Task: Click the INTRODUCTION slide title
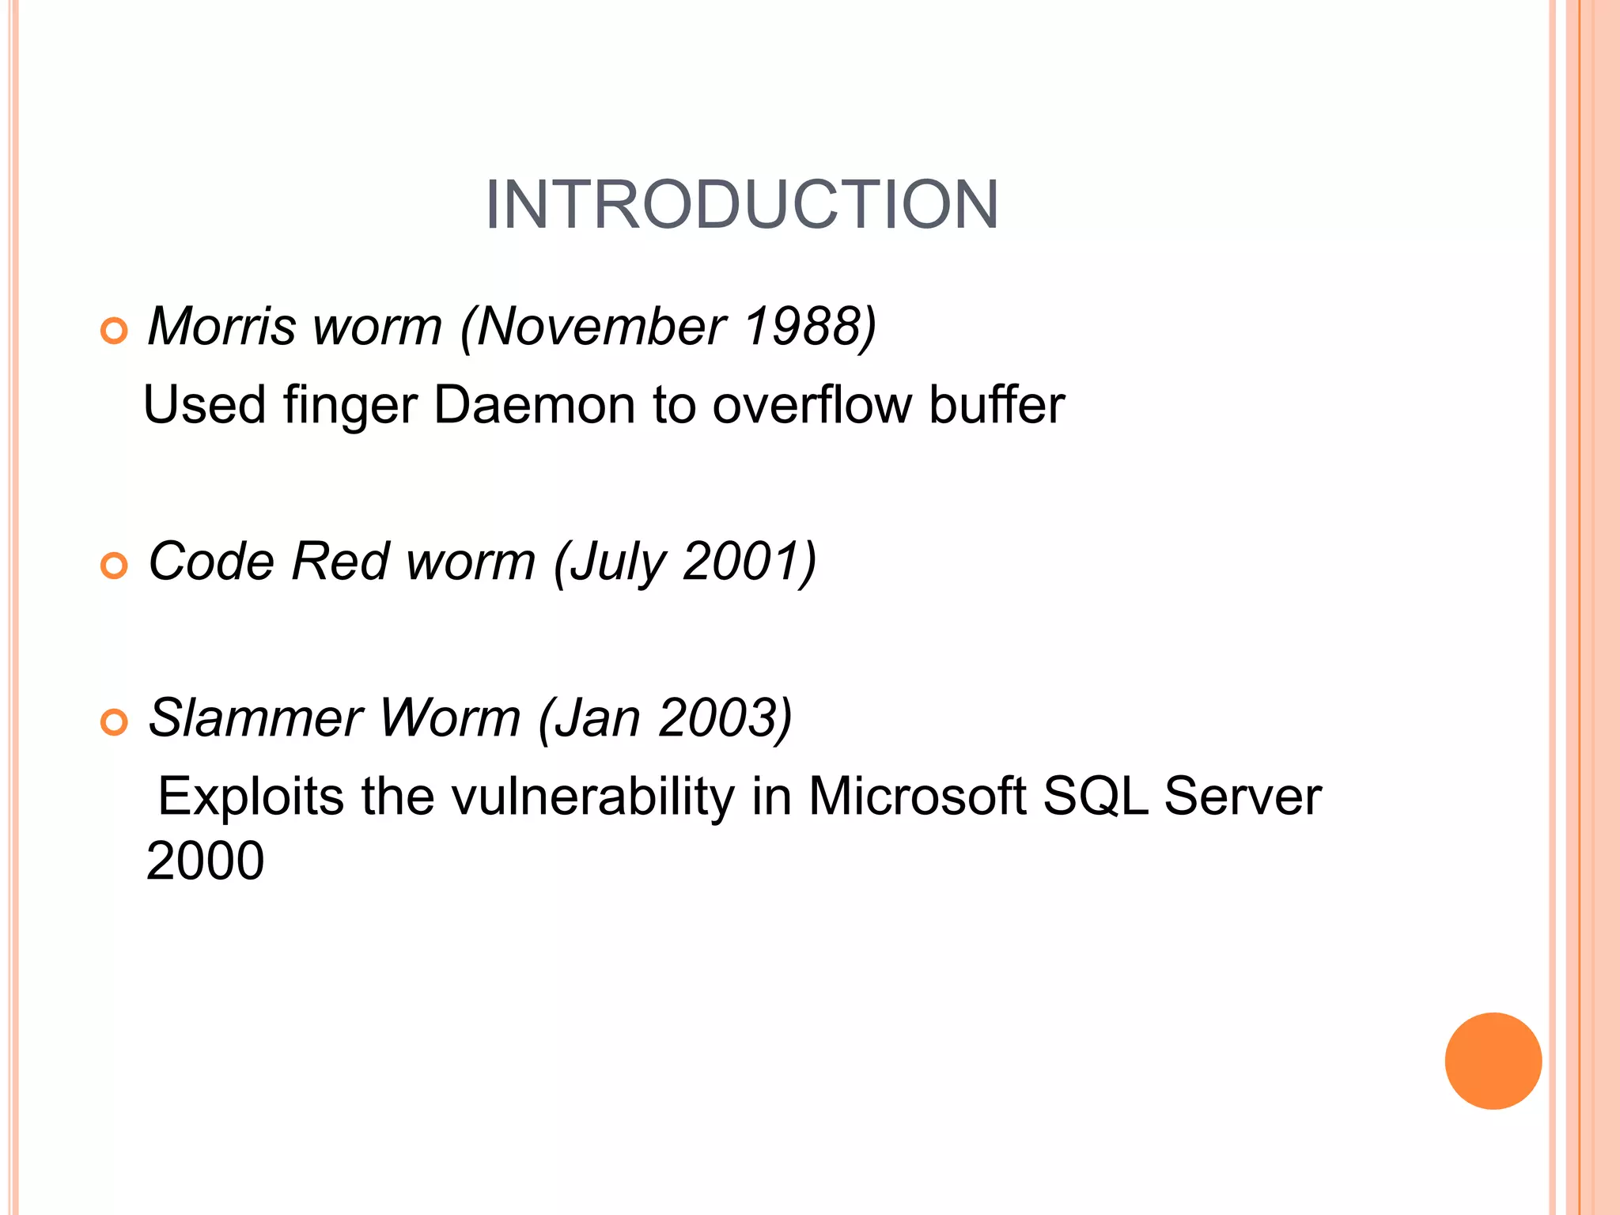coord(741,205)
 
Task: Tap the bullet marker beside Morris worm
coord(114,331)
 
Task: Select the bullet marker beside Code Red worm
coord(114,566)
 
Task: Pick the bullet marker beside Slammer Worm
coord(114,722)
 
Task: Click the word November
coord(601,326)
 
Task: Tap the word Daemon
coord(534,405)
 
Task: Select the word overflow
coord(812,405)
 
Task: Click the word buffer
coord(996,405)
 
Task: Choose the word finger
coord(350,405)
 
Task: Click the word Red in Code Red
coord(340,562)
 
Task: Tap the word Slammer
coord(255,718)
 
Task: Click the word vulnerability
coord(592,796)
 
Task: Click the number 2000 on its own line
coord(205,861)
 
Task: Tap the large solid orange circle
coord(1493,1061)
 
